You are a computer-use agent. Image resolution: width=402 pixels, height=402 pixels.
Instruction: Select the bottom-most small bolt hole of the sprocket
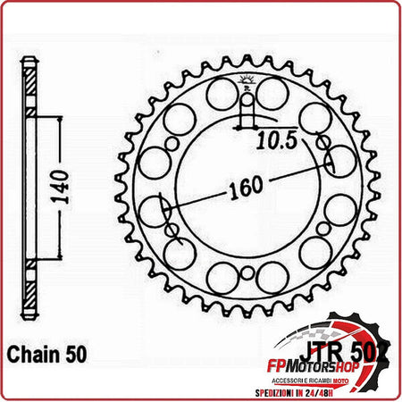point(247,272)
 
